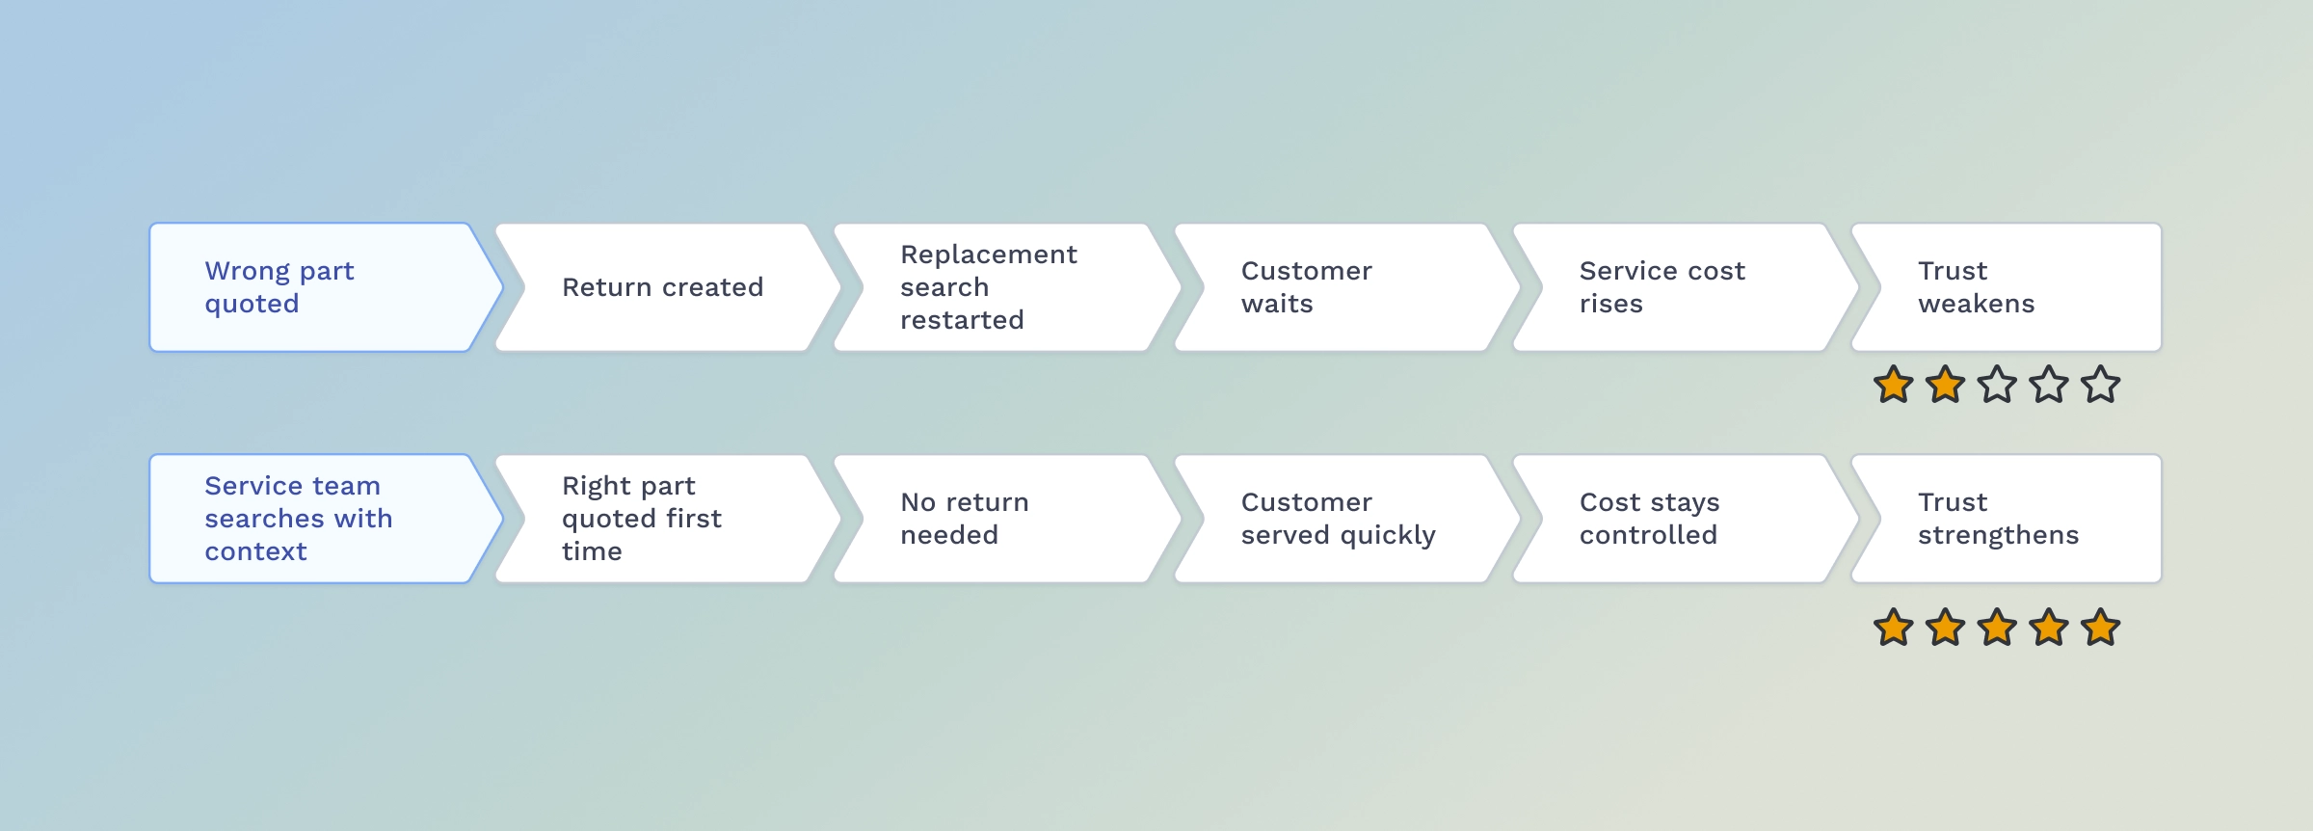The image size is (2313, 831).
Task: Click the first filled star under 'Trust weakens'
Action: pyautogui.click(x=1894, y=385)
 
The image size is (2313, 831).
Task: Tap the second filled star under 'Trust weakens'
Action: pyautogui.click(x=1946, y=385)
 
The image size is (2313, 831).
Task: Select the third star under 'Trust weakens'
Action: pyautogui.click(x=1997, y=385)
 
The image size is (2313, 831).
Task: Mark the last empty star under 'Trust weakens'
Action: pyautogui.click(x=2101, y=385)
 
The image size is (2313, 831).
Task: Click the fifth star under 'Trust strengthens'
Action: pyautogui.click(x=2101, y=628)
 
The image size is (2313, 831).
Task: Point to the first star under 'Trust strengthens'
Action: pyautogui.click(x=1894, y=628)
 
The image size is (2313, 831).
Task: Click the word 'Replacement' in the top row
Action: pyautogui.click(x=989, y=255)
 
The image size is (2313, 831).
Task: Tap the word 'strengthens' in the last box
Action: pyautogui.click(x=1999, y=535)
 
